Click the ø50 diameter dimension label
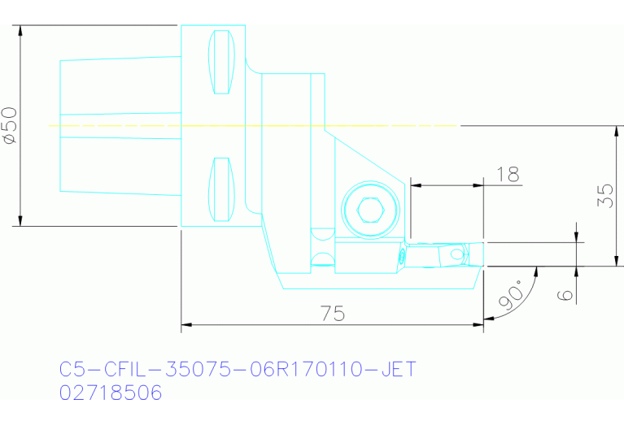pos(11,126)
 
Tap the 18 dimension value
pos(507,174)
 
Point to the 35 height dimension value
pos(604,196)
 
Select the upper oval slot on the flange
pos(221,63)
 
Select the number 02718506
pos(111,393)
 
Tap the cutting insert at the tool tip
pos(455,254)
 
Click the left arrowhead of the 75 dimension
pos(184,325)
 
